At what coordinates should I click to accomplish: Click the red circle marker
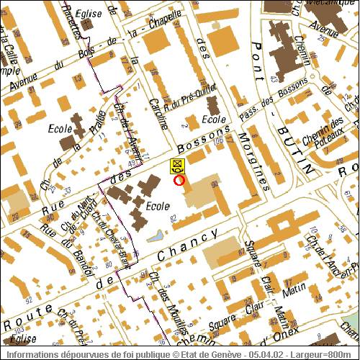(x=179, y=180)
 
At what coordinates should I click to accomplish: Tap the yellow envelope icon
(x=176, y=166)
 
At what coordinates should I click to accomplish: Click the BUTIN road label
(x=293, y=147)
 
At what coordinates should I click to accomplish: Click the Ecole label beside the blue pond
(x=157, y=206)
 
